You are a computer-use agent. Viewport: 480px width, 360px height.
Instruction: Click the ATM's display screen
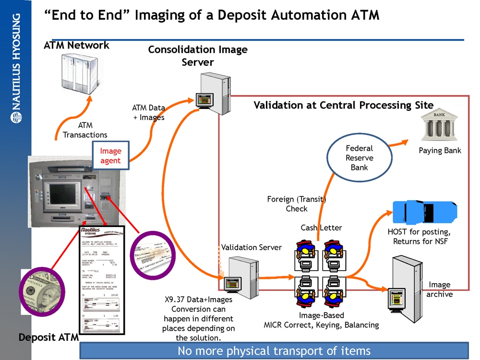click(x=60, y=187)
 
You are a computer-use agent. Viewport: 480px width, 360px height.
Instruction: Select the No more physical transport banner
click(x=274, y=350)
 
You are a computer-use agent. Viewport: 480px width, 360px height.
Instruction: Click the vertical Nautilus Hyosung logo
click(x=16, y=68)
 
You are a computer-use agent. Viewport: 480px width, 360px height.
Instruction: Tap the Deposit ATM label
click(x=48, y=337)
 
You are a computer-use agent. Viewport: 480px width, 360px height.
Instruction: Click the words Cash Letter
click(x=321, y=227)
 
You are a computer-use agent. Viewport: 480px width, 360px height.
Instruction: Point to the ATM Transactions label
click(x=85, y=130)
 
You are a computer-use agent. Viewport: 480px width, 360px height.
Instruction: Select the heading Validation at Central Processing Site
click(x=343, y=105)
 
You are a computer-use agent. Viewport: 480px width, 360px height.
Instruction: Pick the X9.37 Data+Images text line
click(x=195, y=300)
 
